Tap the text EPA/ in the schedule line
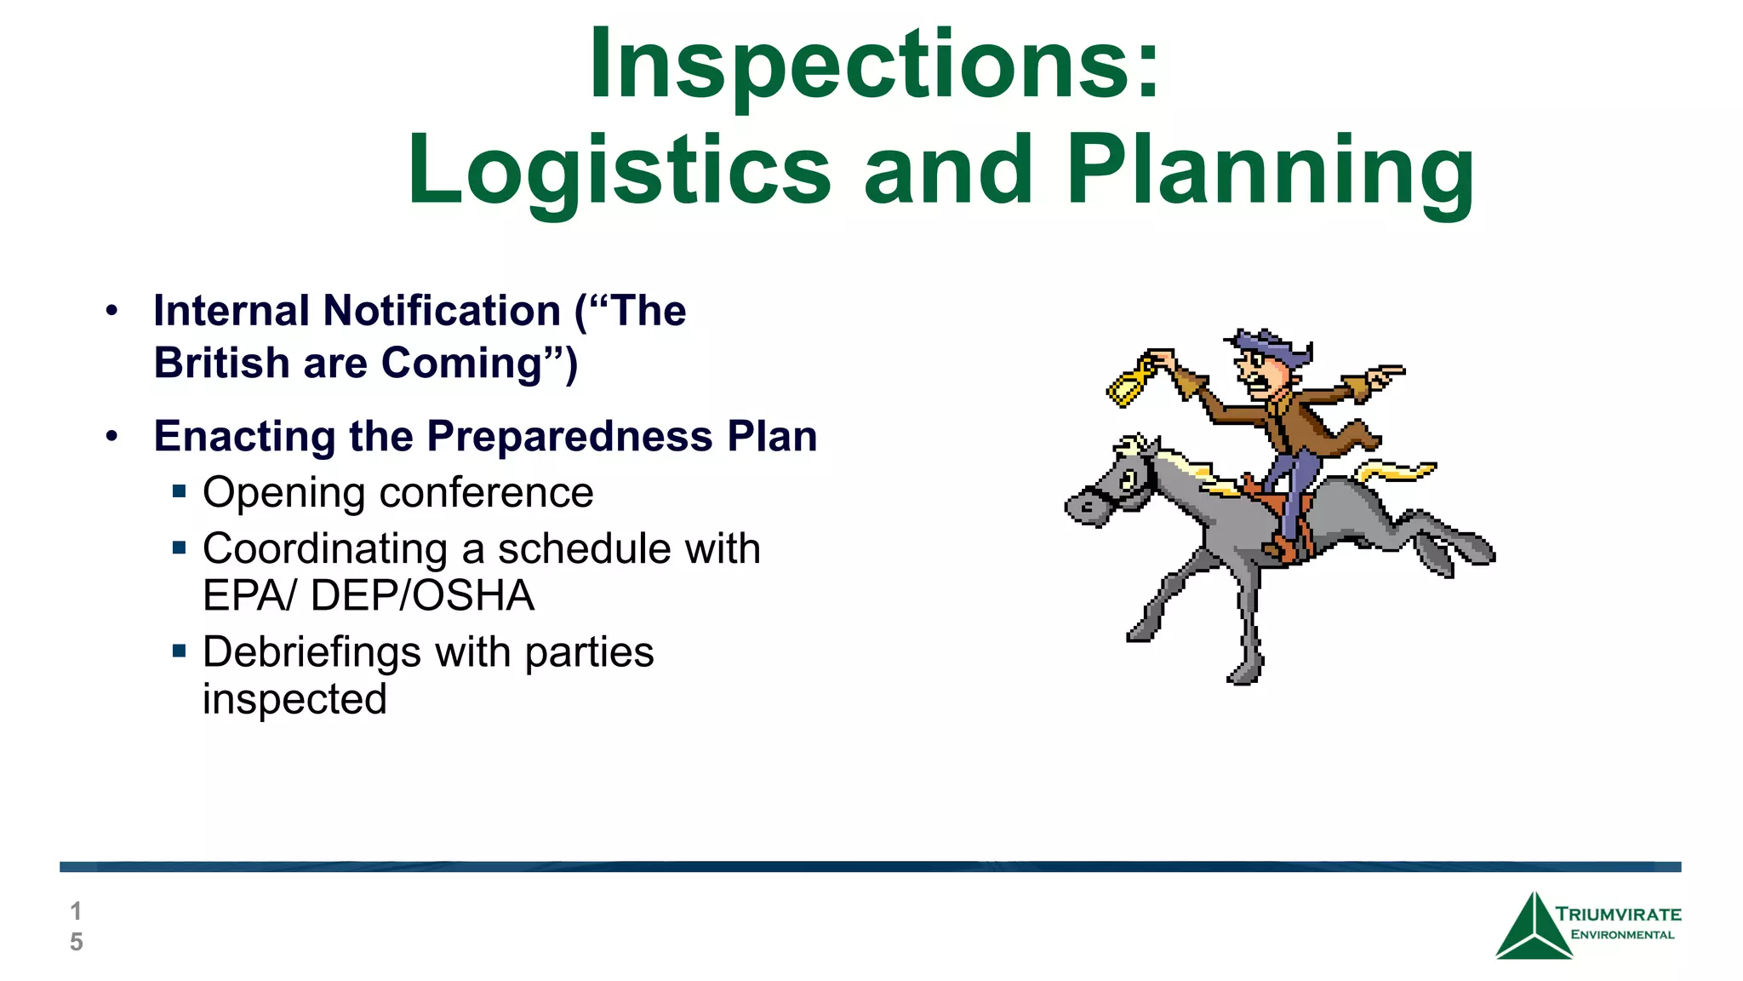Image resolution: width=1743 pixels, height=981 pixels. point(249,596)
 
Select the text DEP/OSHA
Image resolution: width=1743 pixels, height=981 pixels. point(422,596)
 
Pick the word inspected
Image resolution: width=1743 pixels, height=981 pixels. point(294,700)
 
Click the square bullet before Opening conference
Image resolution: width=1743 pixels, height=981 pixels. point(179,491)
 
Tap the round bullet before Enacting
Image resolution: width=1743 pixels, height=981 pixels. point(112,437)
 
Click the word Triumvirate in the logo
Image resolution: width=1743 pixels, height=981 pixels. point(1618,915)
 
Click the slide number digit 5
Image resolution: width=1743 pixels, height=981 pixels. point(77,942)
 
